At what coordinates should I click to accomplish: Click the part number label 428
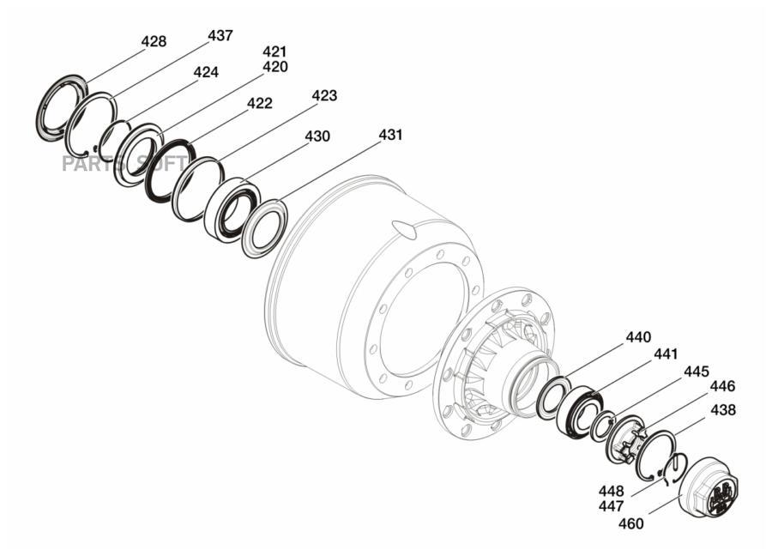pyautogui.click(x=154, y=42)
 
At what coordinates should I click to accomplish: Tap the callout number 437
pyautogui.click(x=220, y=36)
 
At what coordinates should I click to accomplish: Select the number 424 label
pyautogui.click(x=205, y=72)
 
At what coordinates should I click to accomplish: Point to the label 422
pyautogui.click(x=259, y=104)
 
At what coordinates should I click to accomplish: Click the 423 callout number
pyautogui.click(x=324, y=95)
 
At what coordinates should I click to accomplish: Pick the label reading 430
pyautogui.click(x=317, y=136)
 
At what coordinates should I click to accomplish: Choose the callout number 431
pyautogui.click(x=390, y=135)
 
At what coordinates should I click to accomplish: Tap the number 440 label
pyautogui.click(x=638, y=338)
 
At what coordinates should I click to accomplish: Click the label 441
pyautogui.click(x=666, y=354)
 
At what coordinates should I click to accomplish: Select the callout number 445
pyautogui.click(x=697, y=372)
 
